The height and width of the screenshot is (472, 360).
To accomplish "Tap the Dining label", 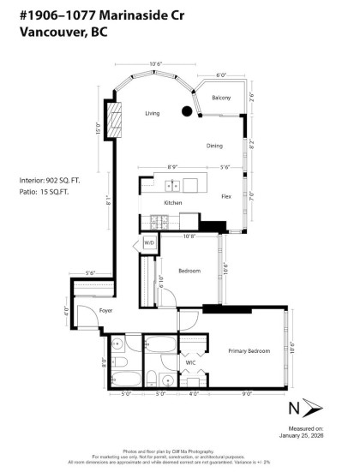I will (214, 146).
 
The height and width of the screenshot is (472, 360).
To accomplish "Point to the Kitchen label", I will (173, 202).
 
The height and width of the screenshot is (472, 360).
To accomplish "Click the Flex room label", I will (225, 196).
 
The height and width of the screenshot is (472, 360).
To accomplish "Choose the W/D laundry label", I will (149, 243).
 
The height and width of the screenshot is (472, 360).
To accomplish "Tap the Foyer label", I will (82, 311).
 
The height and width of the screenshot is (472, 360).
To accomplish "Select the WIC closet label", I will (191, 362).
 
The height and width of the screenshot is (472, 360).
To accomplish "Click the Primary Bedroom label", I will (249, 351).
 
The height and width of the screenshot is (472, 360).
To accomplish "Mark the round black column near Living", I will (186, 110).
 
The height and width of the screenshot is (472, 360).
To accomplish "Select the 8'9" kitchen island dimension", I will (174, 167).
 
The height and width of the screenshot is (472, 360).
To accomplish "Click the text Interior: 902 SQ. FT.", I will (51, 181).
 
